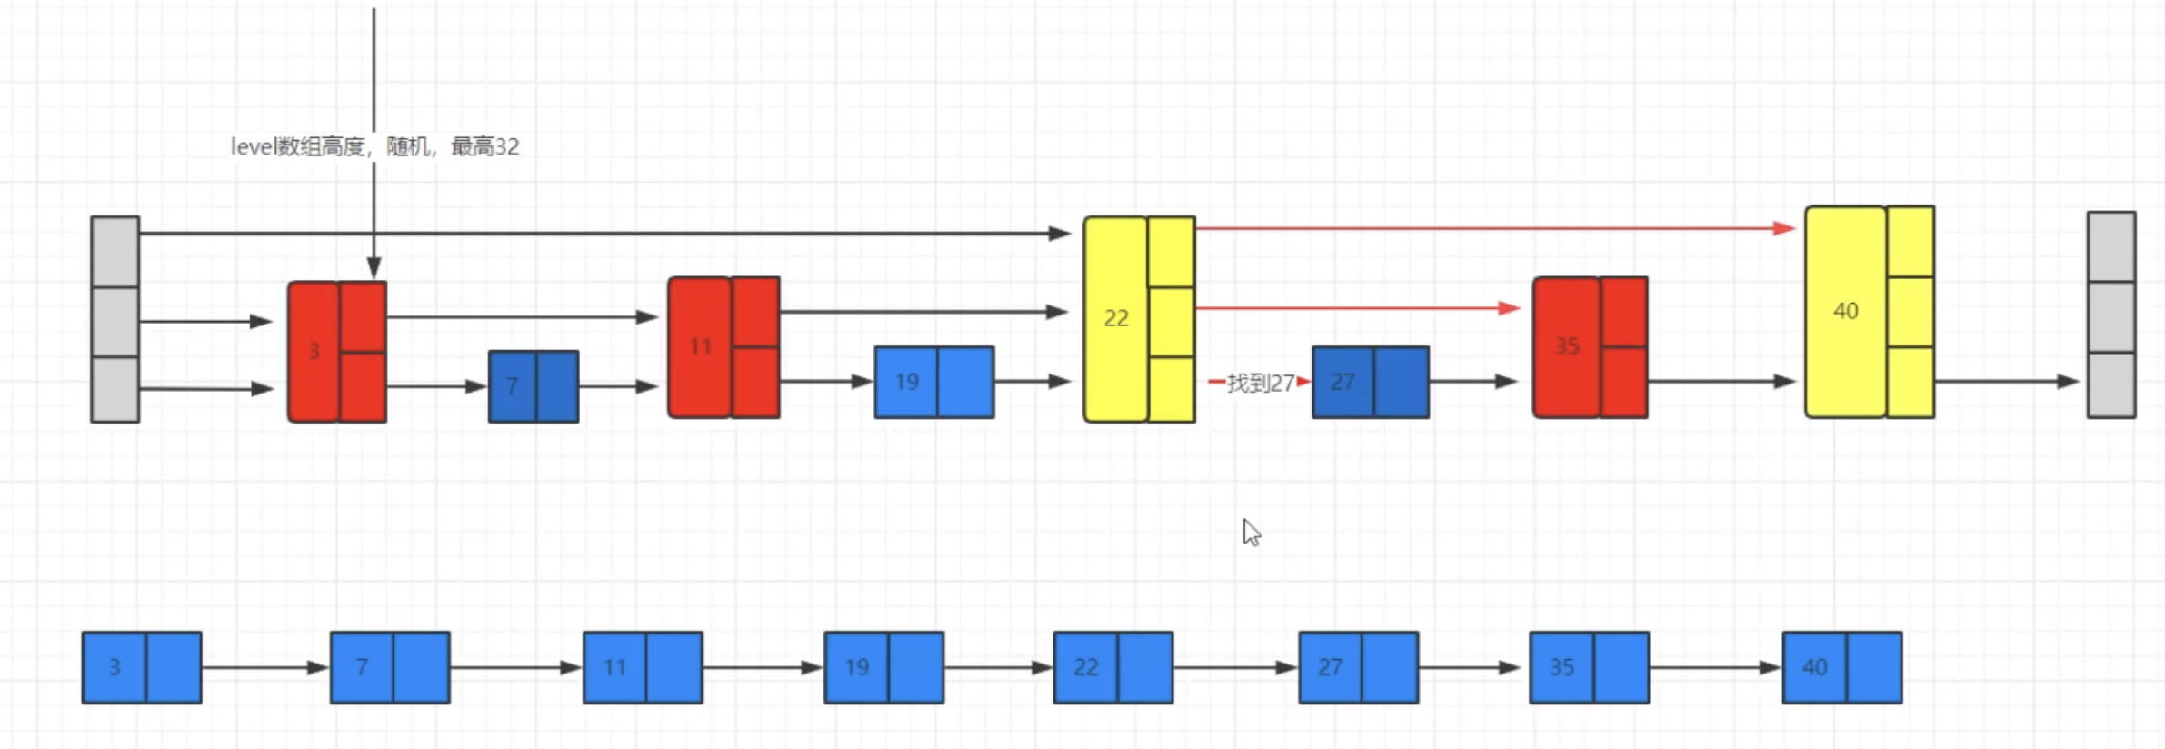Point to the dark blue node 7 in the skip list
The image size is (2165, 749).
click(533, 386)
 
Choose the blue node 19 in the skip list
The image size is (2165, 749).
click(933, 382)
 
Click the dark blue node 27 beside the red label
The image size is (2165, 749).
click(1370, 382)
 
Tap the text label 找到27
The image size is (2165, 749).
click(1260, 383)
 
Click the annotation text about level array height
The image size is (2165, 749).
click(374, 146)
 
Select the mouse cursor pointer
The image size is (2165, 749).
click(1252, 532)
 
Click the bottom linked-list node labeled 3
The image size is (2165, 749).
click(142, 667)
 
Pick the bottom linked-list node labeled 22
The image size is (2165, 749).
click(1112, 667)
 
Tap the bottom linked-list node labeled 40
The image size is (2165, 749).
click(1841, 667)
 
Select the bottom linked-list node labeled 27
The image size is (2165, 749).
click(1358, 667)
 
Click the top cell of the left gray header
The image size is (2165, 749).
click(115, 252)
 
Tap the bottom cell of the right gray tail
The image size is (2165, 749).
click(2110, 384)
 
